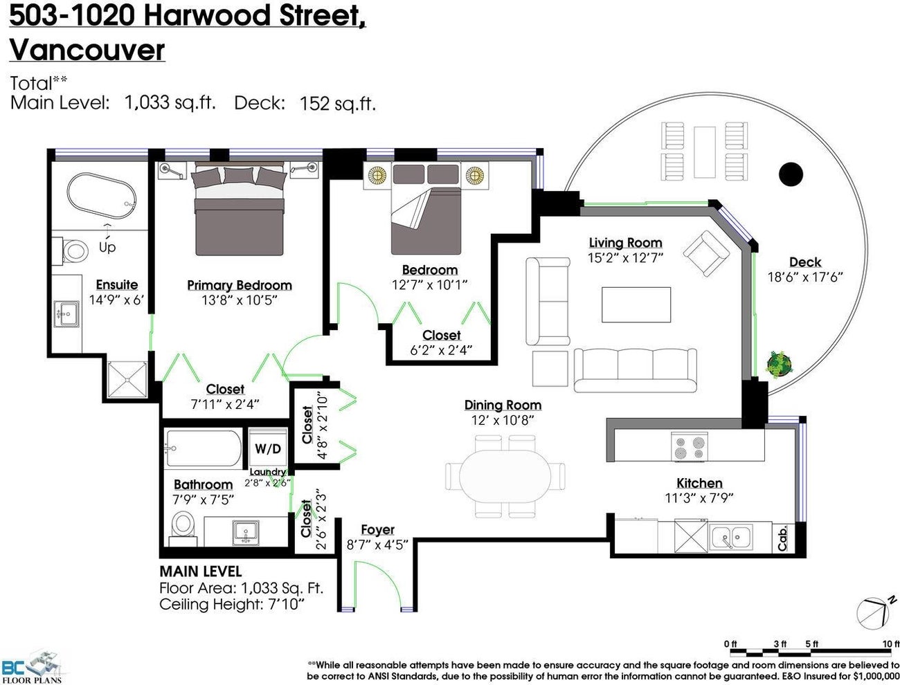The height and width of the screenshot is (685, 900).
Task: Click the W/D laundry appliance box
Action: (268, 448)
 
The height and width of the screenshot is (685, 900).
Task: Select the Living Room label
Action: (625, 243)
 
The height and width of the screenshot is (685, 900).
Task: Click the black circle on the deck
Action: (790, 172)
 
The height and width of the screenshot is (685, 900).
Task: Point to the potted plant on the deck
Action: (780, 363)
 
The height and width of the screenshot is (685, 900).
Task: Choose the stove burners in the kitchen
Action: (690, 446)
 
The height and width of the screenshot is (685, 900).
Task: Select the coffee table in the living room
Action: (636, 304)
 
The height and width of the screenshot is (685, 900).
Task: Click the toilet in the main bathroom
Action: (183, 525)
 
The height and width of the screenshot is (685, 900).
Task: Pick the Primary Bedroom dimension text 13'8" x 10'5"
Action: (239, 300)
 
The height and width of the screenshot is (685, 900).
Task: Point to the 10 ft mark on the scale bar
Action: (890, 644)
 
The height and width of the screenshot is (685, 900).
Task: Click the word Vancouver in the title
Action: (87, 50)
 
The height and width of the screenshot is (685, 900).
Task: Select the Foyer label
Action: (377, 530)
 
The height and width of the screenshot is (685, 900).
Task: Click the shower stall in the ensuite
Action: (127, 380)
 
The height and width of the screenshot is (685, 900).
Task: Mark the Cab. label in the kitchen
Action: (782, 538)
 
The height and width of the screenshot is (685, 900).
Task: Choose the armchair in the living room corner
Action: (707, 253)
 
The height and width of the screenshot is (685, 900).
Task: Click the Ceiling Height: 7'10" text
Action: (232, 605)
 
